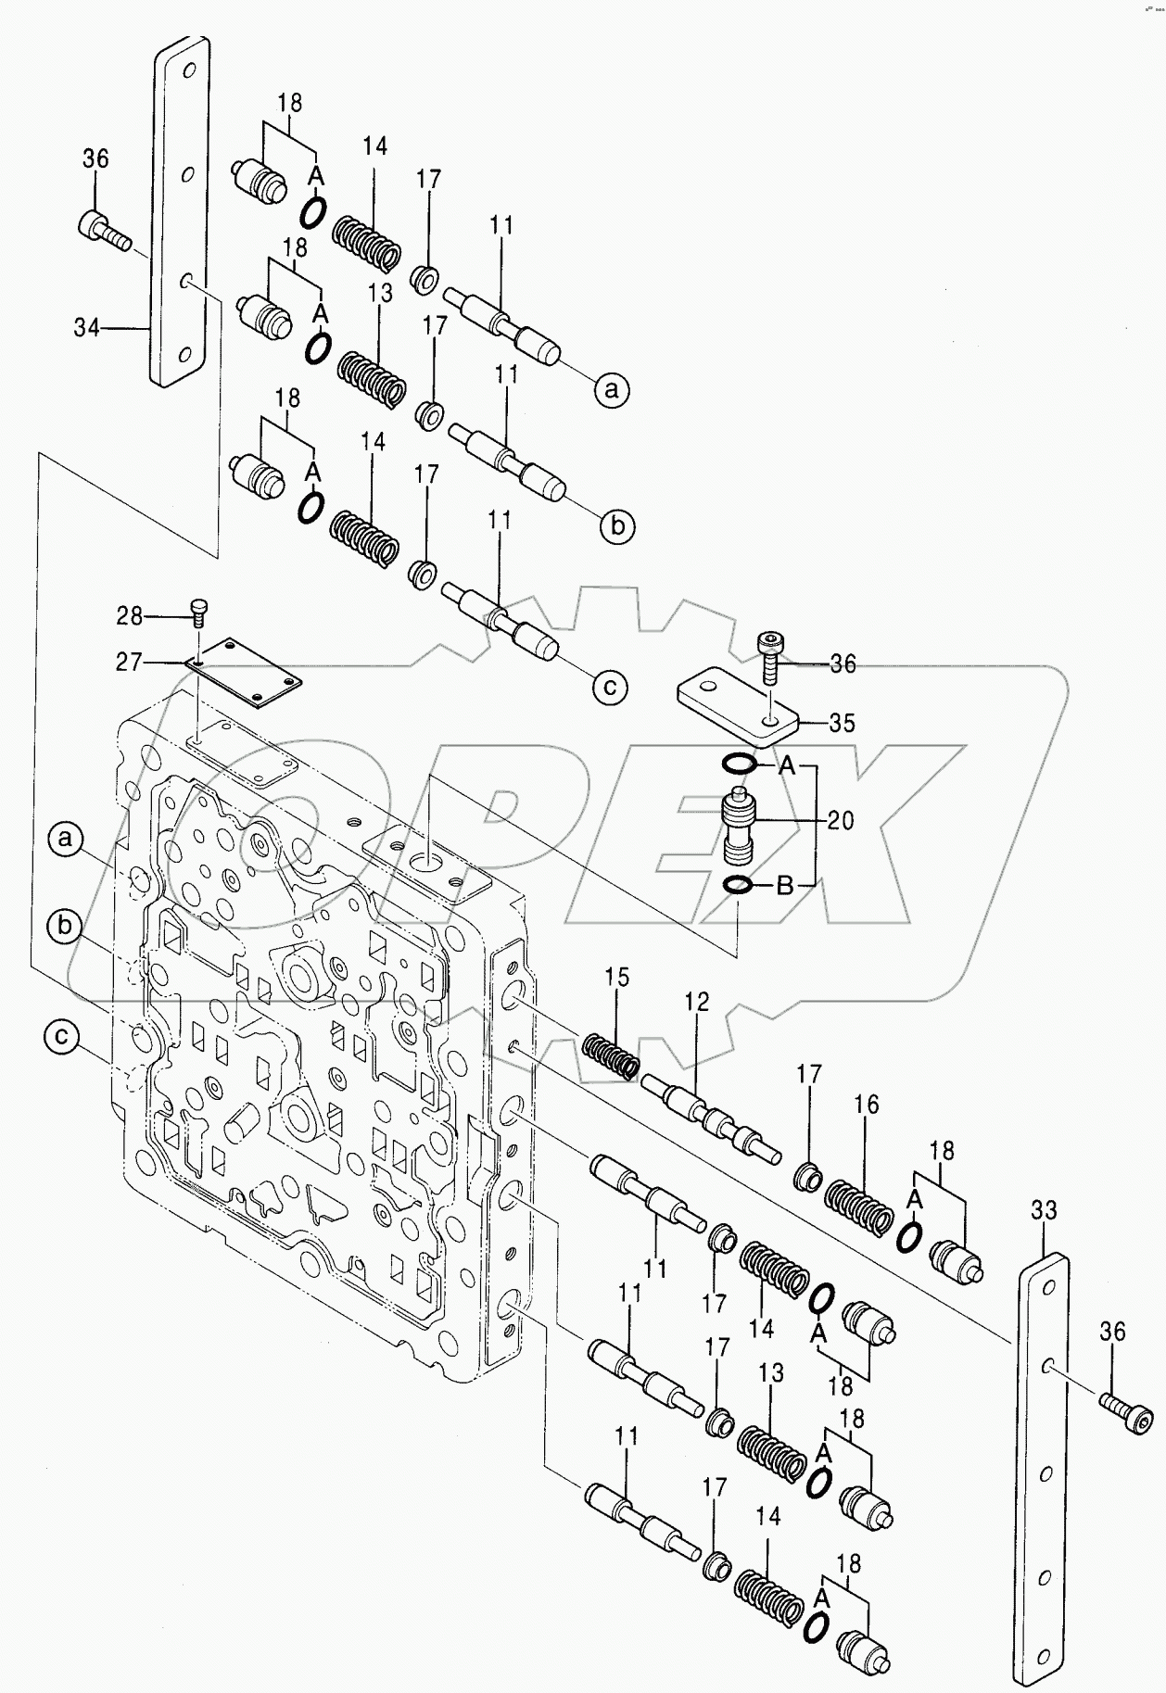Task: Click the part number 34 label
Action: (x=86, y=327)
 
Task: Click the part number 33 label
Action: (x=1044, y=1209)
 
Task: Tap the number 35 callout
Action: (x=842, y=722)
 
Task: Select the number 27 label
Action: (x=130, y=662)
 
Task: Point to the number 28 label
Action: (x=130, y=614)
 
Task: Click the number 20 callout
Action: (x=841, y=820)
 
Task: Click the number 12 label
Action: (x=697, y=1001)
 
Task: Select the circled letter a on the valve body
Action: (x=65, y=840)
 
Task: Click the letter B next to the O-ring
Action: (x=784, y=887)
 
